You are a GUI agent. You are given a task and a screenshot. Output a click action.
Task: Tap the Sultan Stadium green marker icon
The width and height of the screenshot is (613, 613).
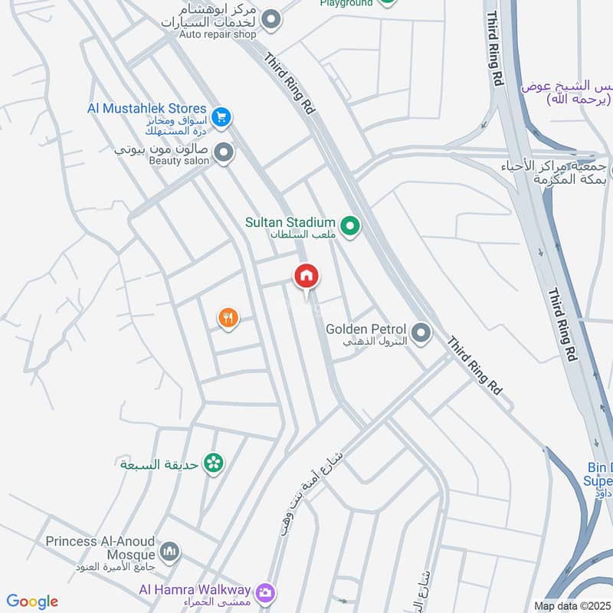[350, 226]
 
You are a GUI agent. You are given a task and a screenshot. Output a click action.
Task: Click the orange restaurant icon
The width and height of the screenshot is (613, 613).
[228, 317]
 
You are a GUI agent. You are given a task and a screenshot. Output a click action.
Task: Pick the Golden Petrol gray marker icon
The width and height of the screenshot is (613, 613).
[421, 333]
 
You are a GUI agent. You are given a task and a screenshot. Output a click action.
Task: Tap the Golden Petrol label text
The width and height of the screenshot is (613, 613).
[364, 329]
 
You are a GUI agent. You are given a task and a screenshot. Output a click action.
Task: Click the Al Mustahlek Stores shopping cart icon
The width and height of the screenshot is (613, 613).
[221, 117]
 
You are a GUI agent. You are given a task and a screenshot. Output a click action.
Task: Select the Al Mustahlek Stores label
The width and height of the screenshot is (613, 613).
[147, 109]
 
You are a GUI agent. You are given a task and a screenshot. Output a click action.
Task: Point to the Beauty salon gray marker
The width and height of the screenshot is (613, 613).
[223, 153]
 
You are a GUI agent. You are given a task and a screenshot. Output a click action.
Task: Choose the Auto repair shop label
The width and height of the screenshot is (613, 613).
[218, 34]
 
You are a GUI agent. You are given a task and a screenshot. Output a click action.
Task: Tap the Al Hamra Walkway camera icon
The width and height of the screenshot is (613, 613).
[266, 592]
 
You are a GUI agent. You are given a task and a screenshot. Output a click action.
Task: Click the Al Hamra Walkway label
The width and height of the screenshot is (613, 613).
[195, 589]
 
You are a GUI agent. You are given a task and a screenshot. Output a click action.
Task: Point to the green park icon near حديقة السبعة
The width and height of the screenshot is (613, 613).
[214, 464]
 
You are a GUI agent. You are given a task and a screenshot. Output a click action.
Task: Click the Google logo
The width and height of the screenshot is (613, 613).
[32, 602]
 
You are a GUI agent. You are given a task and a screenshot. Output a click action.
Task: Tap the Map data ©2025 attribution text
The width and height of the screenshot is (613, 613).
[570, 606]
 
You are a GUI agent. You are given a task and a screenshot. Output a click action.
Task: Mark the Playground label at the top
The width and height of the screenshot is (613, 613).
[346, 3]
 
